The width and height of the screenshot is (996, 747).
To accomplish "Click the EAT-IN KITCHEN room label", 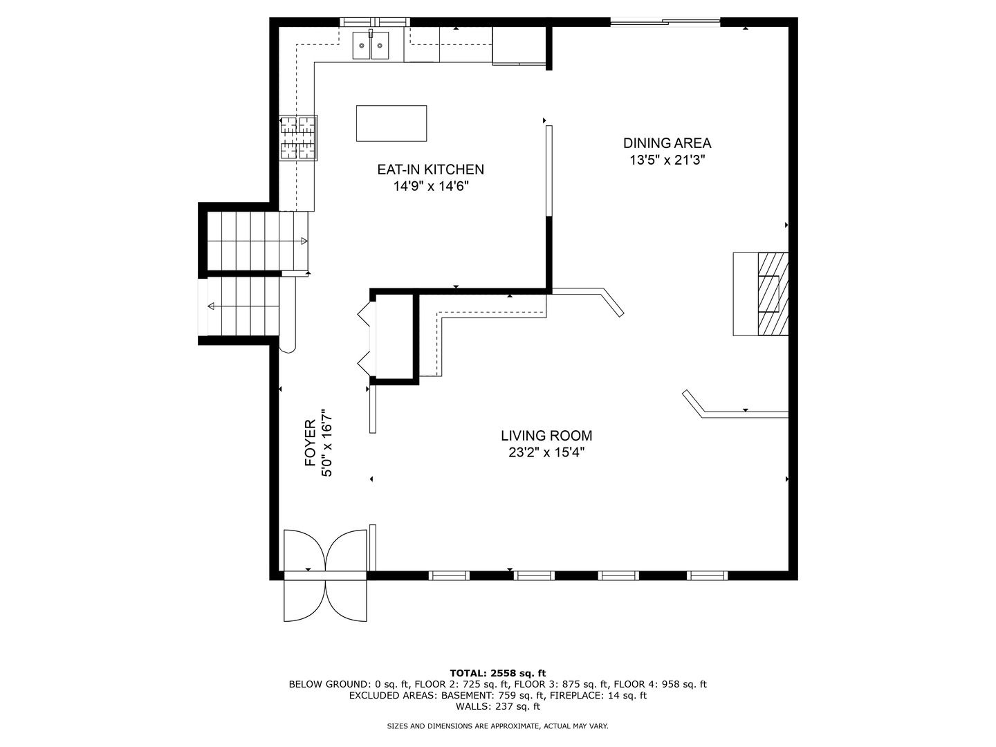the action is click(x=431, y=169).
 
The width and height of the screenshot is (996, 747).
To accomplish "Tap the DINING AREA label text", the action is click(x=667, y=143).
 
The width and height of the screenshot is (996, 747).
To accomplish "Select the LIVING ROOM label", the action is click(x=546, y=436).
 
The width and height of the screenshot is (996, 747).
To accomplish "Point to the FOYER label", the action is click(x=311, y=442).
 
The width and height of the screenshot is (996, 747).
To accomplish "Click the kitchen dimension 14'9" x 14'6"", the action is click(x=431, y=186).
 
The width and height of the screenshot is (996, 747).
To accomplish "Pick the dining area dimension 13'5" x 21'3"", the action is click(x=667, y=160).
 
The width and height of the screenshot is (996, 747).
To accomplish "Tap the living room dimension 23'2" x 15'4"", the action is click(x=546, y=452).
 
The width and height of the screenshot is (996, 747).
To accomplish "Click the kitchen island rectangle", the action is click(x=391, y=123).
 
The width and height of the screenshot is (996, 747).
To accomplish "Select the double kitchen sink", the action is click(x=371, y=45).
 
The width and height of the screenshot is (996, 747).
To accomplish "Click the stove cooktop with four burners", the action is click(x=298, y=138).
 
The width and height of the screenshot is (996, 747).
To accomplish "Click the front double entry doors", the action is click(x=325, y=575).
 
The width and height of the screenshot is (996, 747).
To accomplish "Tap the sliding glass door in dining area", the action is click(x=665, y=21).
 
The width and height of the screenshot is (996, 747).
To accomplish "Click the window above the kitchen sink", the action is click(x=375, y=21).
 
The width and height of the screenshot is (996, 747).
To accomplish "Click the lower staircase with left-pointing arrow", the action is click(x=243, y=306).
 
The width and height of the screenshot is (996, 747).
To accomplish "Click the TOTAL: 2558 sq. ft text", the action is click(x=498, y=673).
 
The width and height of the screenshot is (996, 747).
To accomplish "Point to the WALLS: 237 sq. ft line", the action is click(x=498, y=706).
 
